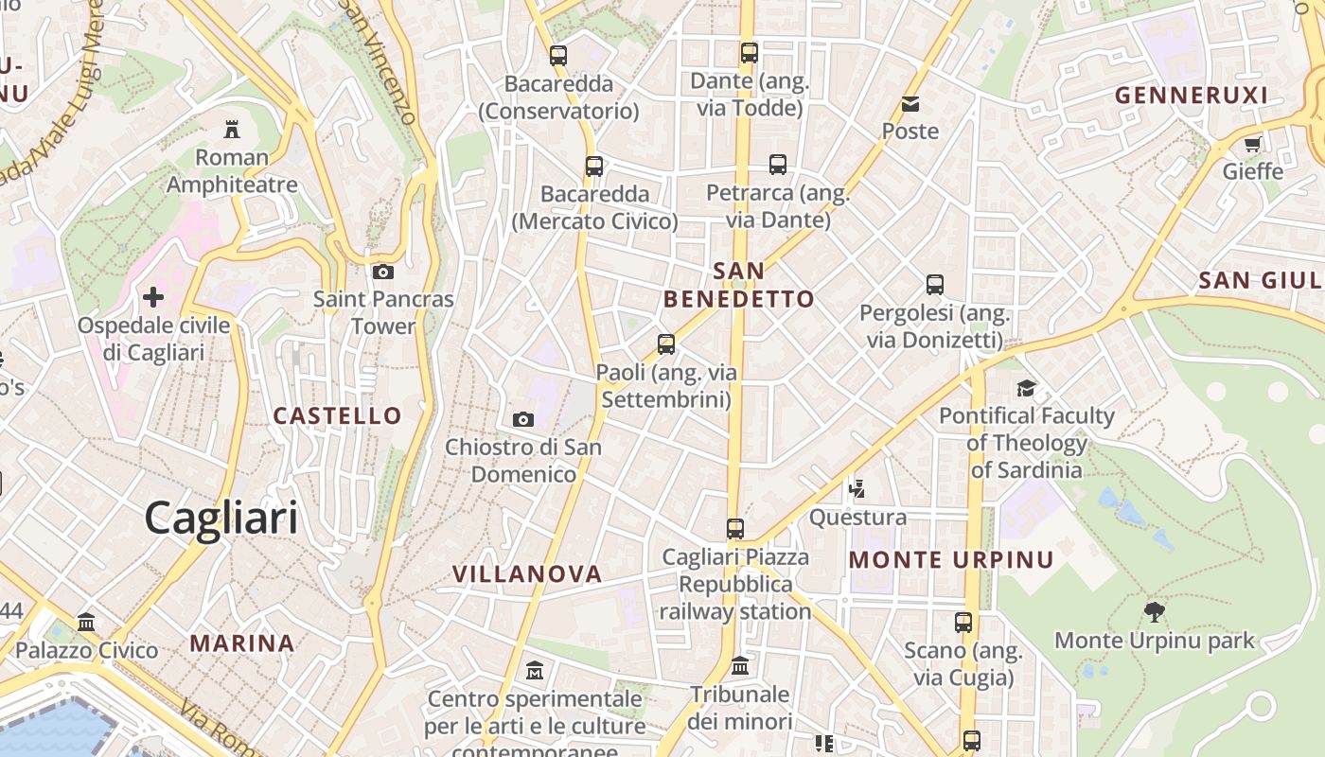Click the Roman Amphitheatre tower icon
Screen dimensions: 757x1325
[232, 129]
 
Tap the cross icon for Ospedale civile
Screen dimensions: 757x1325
[152, 297]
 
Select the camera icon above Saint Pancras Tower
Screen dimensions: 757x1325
[383, 273]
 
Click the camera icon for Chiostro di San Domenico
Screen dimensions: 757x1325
[522, 419]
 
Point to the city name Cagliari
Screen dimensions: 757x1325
[221, 519]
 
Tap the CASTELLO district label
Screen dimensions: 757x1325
[337, 415]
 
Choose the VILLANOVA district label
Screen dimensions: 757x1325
[527, 573]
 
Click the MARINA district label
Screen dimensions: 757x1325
[242, 643]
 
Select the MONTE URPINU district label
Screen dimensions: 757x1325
[950, 559]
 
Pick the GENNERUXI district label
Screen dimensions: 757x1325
[1191, 95]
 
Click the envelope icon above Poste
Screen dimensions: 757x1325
[910, 103]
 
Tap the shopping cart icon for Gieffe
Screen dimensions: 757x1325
[1253, 145]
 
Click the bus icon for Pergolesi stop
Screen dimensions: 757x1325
[935, 284]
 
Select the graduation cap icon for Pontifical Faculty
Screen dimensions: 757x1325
[1026, 388]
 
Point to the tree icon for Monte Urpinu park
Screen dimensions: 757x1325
[1154, 611]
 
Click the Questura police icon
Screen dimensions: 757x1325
[857, 489]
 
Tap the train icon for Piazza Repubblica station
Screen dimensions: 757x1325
[735, 528]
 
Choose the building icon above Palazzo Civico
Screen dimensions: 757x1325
[87, 622]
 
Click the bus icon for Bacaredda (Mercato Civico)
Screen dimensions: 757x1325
[594, 167]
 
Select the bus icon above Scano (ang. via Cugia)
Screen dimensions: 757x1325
[963, 623]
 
